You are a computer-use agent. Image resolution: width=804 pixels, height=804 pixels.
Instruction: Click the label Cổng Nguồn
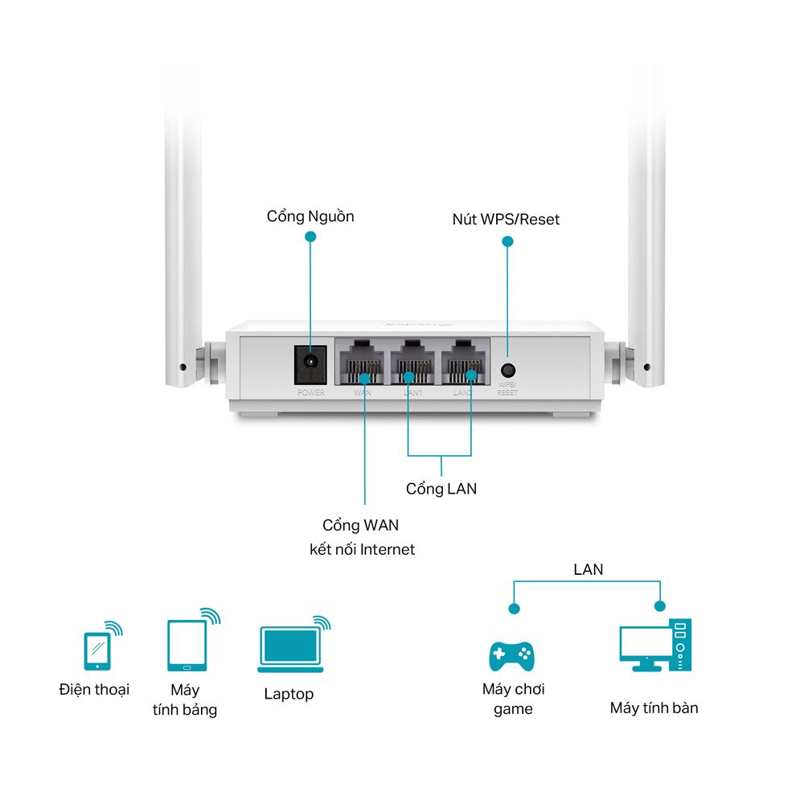[x=310, y=216]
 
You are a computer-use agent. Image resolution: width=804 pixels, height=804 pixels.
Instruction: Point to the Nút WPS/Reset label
[x=506, y=219]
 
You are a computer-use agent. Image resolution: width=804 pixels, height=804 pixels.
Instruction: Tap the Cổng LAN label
[x=441, y=488]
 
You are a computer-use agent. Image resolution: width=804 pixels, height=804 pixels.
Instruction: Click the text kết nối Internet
[x=363, y=550]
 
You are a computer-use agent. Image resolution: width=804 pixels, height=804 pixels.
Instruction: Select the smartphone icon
[x=96, y=650]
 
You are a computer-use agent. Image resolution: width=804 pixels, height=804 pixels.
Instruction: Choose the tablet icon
[x=187, y=645]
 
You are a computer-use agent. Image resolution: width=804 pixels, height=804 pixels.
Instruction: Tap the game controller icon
[x=512, y=655]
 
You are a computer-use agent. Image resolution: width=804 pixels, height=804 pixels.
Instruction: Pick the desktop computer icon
[x=655, y=645]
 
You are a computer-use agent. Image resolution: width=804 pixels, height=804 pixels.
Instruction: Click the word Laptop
[x=289, y=694]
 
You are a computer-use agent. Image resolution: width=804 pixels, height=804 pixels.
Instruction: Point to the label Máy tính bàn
[x=654, y=708]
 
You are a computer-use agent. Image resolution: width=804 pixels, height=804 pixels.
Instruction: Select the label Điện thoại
[x=94, y=690]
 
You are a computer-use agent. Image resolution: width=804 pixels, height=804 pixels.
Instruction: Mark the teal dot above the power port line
[x=310, y=236]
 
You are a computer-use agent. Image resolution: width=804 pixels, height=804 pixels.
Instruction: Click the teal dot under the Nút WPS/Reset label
[x=507, y=240]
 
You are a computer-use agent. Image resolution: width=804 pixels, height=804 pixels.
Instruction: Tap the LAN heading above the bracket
[x=589, y=569]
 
